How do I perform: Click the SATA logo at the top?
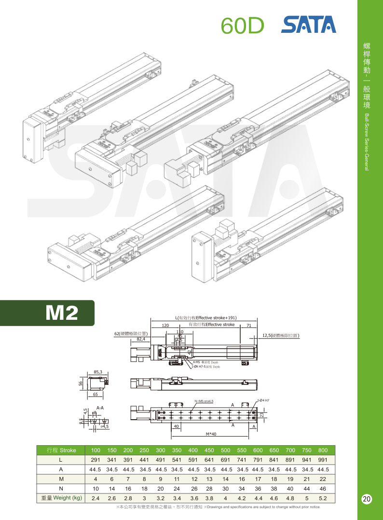point(308,25)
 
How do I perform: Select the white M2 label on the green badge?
point(61,313)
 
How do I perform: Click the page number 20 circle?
point(367,499)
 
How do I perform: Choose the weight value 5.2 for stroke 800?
point(323,497)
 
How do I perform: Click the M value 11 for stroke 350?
point(177,479)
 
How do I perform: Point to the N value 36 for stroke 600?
point(258,488)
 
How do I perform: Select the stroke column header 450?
point(209,450)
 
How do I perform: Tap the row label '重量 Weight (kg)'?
point(61,497)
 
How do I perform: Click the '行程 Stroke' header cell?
point(61,450)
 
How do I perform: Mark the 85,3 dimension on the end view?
point(98,371)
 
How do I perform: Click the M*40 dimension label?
point(211,434)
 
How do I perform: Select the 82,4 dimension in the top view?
point(141,339)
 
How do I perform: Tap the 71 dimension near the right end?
point(249,326)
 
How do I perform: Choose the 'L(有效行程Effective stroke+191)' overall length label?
point(205,318)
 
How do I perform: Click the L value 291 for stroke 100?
point(96,460)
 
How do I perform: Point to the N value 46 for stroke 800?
point(323,488)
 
